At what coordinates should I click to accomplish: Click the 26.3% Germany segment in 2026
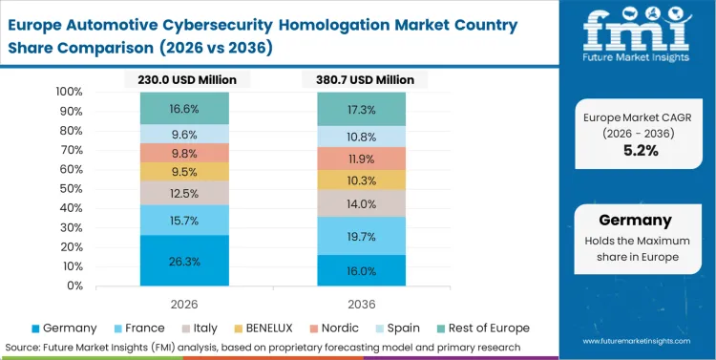coord(184,261)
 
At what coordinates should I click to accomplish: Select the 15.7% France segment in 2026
coord(184,221)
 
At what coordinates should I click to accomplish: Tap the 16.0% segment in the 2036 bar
coord(362,270)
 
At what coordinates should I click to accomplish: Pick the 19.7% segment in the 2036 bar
coord(362,236)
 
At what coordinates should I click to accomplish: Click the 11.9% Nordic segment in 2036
coord(362,159)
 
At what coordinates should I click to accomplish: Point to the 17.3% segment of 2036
coord(362,109)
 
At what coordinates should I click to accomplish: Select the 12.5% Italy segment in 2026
coord(184,194)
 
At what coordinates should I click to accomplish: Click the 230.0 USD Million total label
coord(185,80)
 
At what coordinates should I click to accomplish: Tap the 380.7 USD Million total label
coord(362,80)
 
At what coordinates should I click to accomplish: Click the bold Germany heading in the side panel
coord(636,220)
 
